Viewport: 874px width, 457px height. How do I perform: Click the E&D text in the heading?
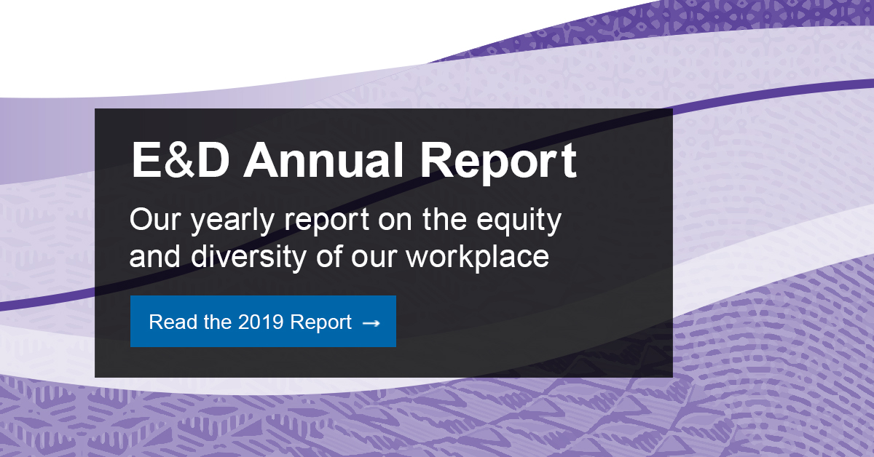[x=181, y=160]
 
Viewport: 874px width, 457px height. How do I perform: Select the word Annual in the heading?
[x=323, y=160]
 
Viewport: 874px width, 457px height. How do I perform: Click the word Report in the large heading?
[x=498, y=162]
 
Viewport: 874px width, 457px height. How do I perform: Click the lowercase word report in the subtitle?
[x=327, y=223]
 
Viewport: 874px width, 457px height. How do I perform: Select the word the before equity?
[x=444, y=220]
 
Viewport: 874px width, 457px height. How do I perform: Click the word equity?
[x=519, y=222]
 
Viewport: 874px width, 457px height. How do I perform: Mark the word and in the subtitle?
[x=155, y=257]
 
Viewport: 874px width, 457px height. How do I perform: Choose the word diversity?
[x=248, y=258]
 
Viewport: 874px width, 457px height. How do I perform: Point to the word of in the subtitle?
[x=329, y=257]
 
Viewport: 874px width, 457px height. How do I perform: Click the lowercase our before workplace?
[x=374, y=259]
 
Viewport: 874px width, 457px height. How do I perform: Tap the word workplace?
[x=478, y=258]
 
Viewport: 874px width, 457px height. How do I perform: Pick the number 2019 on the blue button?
[x=261, y=322]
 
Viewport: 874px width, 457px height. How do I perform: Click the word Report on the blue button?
[x=320, y=324]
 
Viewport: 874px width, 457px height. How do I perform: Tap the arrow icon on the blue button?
[x=371, y=323]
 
